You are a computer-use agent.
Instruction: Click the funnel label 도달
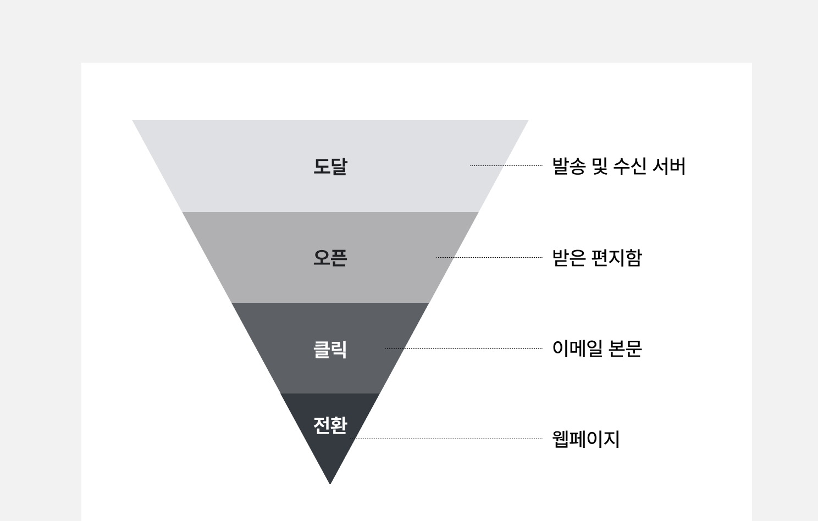tap(330, 166)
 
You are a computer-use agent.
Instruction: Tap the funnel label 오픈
tap(330, 257)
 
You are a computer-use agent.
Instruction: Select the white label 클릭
tap(330, 349)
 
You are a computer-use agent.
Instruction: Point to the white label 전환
tap(330, 425)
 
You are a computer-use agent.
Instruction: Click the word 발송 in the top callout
tap(568, 166)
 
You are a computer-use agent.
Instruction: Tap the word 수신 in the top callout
tap(629, 166)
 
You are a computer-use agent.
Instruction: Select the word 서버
tap(668, 166)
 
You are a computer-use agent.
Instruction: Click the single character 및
tap(599, 166)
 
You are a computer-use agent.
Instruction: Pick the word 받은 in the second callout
tap(568, 257)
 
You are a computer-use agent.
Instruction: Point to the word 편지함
tap(617, 257)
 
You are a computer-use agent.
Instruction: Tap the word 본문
tap(626, 348)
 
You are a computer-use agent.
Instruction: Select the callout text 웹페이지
tap(586, 439)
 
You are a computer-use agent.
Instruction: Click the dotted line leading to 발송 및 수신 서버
tap(506, 165)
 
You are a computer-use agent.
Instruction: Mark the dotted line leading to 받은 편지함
tap(490, 257)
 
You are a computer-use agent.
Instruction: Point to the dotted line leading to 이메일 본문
tap(465, 348)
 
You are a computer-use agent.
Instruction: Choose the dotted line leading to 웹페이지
tap(447, 439)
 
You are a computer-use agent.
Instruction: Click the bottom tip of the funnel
tap(330, 483)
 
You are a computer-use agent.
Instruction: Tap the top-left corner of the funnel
tap(134, 121)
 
